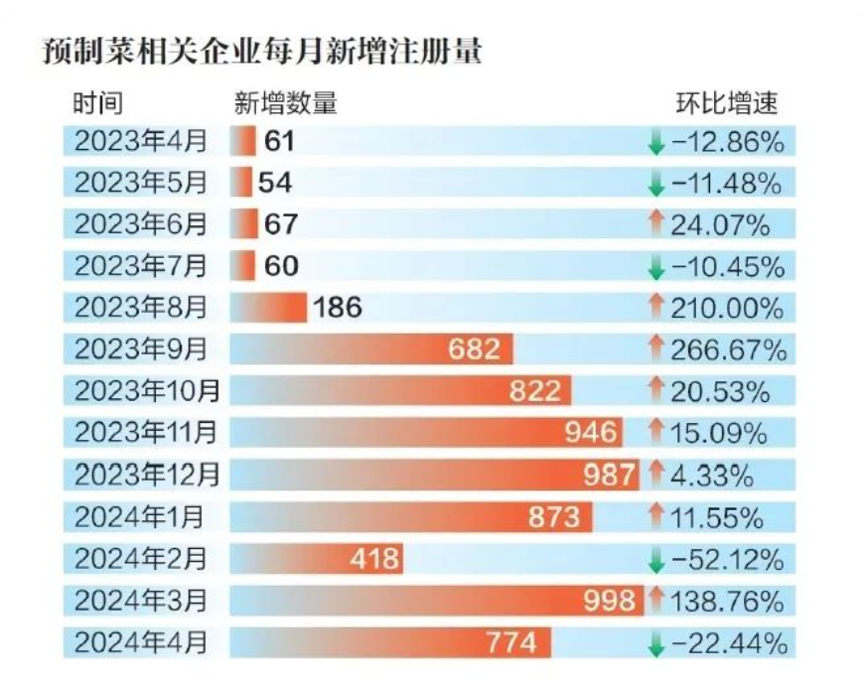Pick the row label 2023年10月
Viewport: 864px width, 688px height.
147,391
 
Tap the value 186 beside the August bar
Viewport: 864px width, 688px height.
338,309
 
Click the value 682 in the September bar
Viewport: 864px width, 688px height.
475,349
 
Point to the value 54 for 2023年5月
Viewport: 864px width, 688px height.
275,183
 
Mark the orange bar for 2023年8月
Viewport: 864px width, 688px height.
269,308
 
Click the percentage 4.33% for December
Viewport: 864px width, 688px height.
711,476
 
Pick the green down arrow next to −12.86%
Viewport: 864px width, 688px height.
655,143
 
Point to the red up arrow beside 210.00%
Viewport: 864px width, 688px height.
655,308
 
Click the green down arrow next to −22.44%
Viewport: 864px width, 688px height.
655,644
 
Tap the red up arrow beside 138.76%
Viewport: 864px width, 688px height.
655,600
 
